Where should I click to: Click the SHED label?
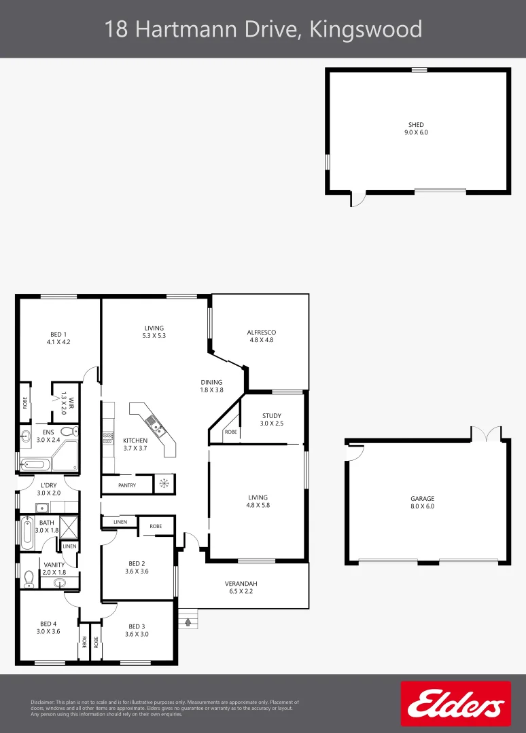coord(416,125)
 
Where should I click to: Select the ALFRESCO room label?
coord(261,333)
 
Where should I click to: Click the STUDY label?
coord(270,416)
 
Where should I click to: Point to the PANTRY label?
coord(127,485)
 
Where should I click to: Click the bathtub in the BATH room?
coord(27,533)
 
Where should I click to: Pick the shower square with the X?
coord(69,527)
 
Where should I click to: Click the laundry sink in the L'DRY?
coord(41,506)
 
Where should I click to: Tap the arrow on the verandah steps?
coord(188,620)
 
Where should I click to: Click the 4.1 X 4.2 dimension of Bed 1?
coord(58,342)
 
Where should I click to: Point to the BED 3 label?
coord(137,626)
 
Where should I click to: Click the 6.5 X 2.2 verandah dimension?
coord(241,592)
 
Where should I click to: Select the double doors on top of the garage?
coord(487,433)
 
